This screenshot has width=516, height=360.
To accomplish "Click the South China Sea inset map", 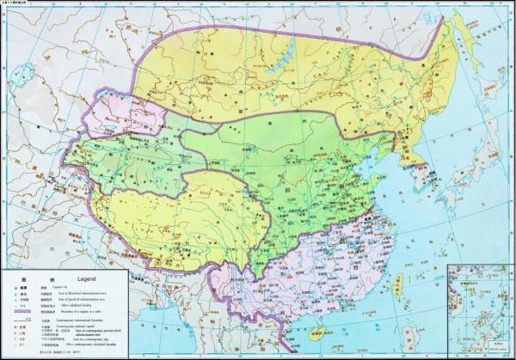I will (481, 313).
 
